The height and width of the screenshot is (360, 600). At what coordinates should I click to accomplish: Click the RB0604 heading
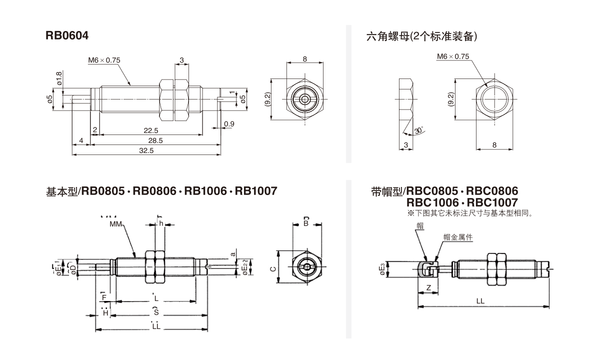coord(67,35)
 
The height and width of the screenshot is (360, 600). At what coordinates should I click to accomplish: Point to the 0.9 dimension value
coord(229,123)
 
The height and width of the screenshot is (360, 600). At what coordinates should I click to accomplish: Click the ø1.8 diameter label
coord(59,79)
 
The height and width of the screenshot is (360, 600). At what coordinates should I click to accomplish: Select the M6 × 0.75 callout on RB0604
coord(104,60)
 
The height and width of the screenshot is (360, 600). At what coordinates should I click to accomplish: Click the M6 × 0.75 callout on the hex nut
coord(452,57)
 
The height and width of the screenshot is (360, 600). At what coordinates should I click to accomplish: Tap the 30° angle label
coord(419,131)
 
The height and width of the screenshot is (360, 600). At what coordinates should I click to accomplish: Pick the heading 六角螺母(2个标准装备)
coord(421,36)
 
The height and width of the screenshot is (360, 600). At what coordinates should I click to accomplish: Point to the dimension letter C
coord(272,268)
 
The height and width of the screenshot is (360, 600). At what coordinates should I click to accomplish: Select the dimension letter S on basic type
coord(156,312)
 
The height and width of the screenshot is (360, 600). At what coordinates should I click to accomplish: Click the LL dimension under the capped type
coord(480,301)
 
